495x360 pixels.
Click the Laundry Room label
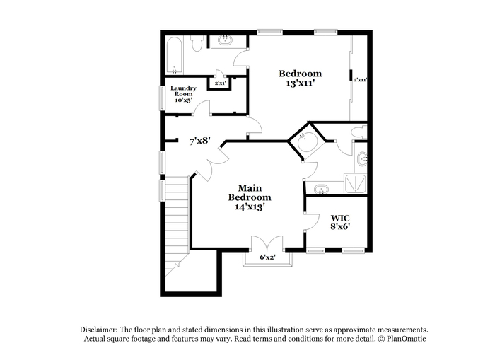183,91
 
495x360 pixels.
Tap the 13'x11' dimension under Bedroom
301,83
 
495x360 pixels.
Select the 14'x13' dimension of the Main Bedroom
250,207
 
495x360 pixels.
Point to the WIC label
340,218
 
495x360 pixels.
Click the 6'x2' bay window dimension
268,257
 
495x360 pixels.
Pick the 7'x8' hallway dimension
199,141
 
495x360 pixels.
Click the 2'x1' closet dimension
220,83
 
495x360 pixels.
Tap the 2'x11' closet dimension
359,80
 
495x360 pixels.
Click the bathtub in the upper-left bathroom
174,56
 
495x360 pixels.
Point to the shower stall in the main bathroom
356,183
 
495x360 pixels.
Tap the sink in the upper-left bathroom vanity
225,41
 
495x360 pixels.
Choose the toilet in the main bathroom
359,132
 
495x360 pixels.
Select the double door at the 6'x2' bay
267,243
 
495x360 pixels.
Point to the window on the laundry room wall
162,98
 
